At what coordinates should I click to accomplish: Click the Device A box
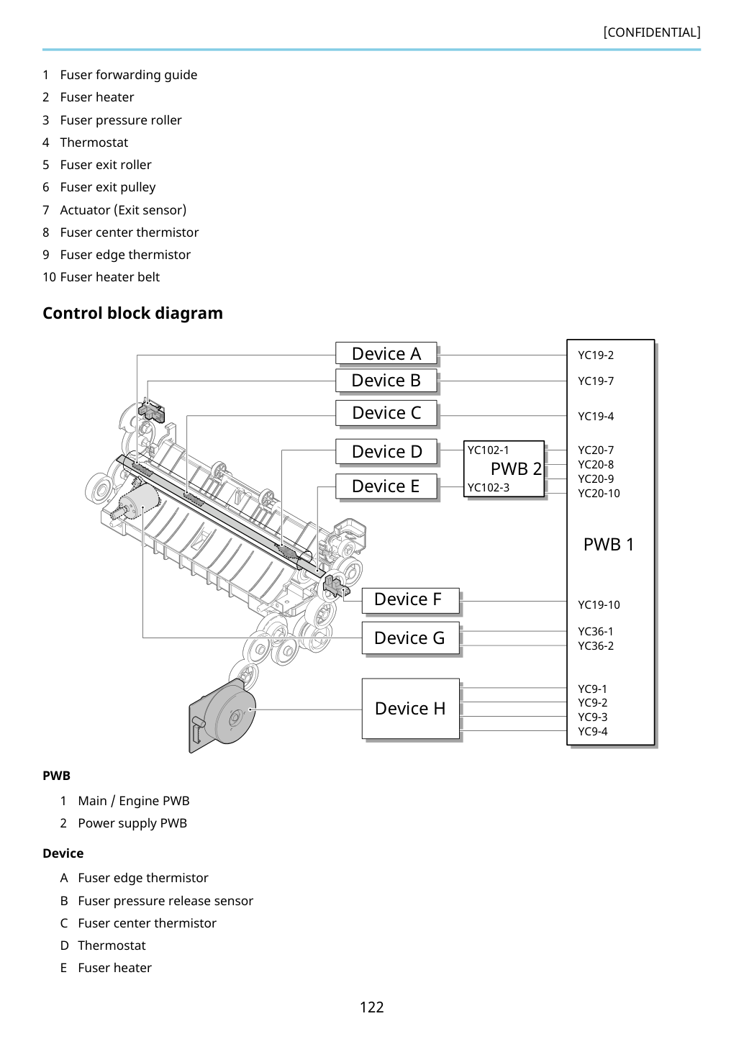(386, 353)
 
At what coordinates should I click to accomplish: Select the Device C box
(386, 413)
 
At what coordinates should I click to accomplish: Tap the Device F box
(411, 600)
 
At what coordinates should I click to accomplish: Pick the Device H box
(411, 708)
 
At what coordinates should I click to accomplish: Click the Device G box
(411, 638)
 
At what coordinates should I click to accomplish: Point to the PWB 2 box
(504, 468)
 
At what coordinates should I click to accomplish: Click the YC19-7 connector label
(596, 381)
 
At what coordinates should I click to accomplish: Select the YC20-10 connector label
(599, 493)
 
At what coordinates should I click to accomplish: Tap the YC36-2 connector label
(596, 645)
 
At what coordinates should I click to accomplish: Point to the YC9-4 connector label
(593, 731)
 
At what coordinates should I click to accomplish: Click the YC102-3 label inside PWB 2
(489, 487)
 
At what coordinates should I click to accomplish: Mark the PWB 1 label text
(609, 544)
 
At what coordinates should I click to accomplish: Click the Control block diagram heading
(132, 313)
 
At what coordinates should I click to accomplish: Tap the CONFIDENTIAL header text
(652, 32)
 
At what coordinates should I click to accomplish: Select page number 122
(371, 1007)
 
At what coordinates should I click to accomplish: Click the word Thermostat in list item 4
(94, 142)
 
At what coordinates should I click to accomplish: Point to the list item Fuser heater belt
(101, 277)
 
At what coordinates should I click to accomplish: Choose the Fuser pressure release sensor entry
(165, 900)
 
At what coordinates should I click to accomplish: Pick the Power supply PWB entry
(132, 822)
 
